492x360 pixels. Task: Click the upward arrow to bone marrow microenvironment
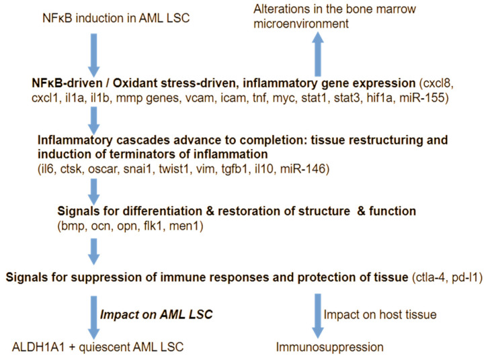click(x=317, y=54)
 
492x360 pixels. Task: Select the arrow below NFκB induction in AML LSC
click(x=94, y=55)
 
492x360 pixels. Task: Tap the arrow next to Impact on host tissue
click(x=317, y=316)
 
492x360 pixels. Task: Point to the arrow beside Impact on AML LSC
click(x=94, y=318)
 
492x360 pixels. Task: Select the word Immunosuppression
click(x=330, y=347)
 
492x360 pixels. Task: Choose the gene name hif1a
click(x=379, y=98)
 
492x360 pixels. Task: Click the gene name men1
click(x=184, y=226)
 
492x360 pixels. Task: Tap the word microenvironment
click(x=301, y=24)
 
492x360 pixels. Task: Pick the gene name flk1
click(x=153, y=226)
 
